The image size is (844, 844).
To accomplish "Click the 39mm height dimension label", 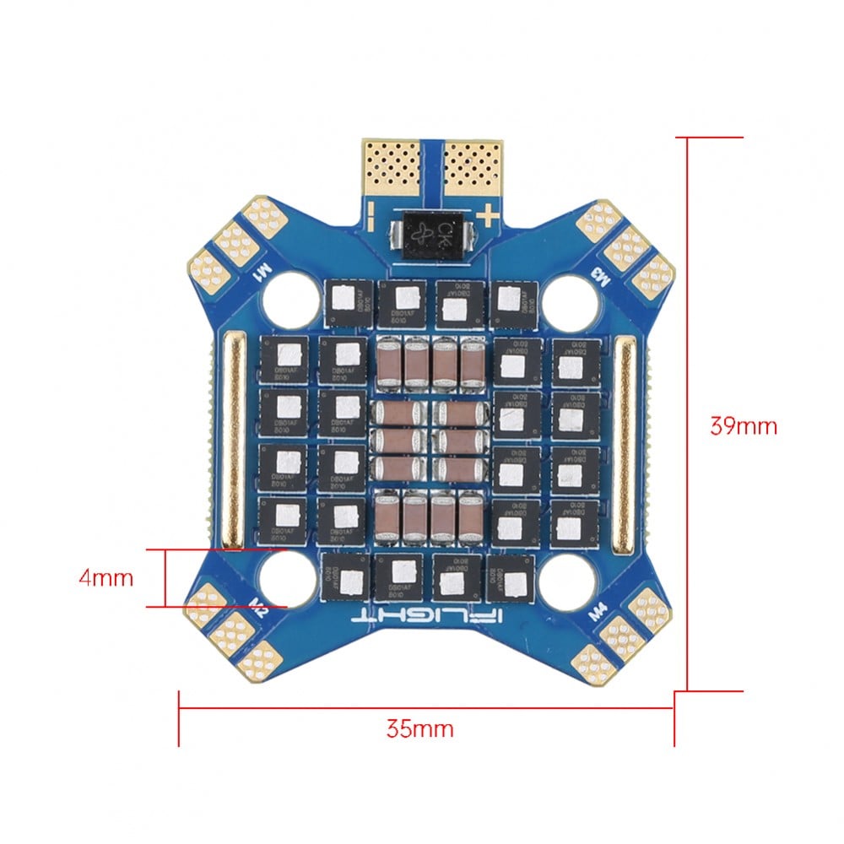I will pyautogui.click(x=743, y=425).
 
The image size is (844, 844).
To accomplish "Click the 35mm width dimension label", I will pyautogui.click(x=419, y=728).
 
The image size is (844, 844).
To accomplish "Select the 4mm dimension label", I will pyautogui.click(x=105, y=578).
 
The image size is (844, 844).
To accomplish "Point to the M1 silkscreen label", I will pyautogui.click(x=263, y=271).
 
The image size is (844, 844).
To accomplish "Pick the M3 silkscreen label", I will pyautogui.click(x=601, y=275).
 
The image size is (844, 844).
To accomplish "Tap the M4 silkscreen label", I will pyautogui.click(x=598, y=608).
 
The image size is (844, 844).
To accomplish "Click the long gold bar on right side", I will pyautogui.click(x=625, y=439).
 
